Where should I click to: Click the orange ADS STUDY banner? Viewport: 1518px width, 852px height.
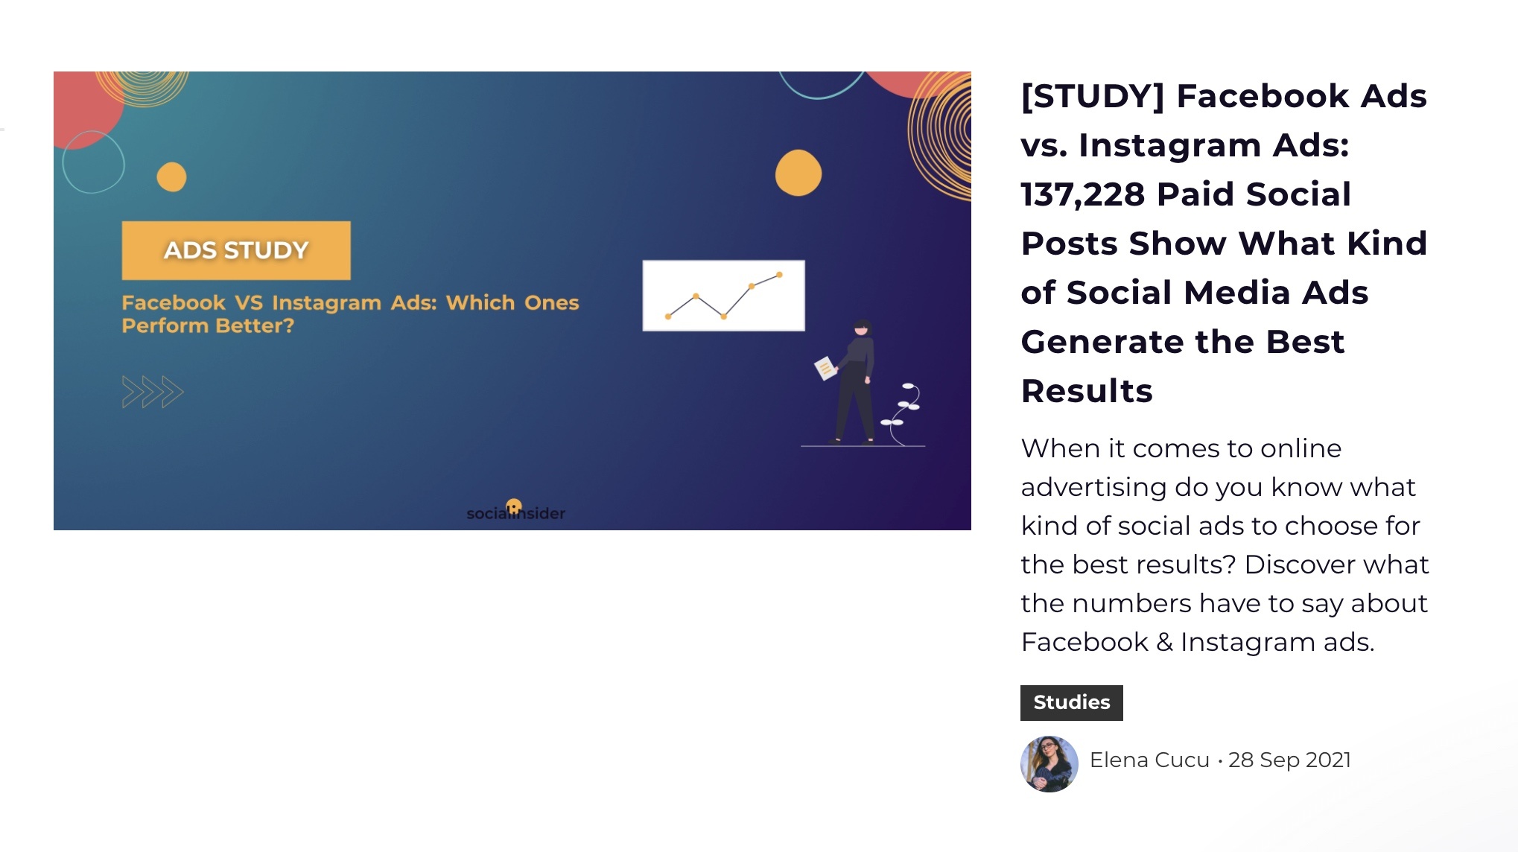click(x=236, y=250)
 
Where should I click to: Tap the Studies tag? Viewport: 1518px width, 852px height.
click(x=1071, y=702)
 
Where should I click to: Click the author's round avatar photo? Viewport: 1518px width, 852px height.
click(x=1049, y=763)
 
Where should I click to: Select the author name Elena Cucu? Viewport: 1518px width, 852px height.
click(x=1149, y=760)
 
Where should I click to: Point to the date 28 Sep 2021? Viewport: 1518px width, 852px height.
click(x=1289, y=760)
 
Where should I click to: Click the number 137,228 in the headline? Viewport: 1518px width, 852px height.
click(x=1082, y=194)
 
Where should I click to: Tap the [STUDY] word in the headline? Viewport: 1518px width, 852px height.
click(x=1093, y=97)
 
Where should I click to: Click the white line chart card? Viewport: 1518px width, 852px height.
click(x=723, y=295)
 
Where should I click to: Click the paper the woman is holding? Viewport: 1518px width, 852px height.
click(x=825, y=368)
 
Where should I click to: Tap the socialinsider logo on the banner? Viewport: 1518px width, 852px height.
click(x=515, y=511)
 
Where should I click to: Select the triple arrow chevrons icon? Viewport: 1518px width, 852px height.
click(x=153, y=392)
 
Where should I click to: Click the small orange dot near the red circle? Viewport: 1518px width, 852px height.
click(x=171, y=177)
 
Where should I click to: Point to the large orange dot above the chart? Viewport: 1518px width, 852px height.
click(x=798, y=173)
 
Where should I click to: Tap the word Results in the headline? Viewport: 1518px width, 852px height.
click(x=1087, y=392)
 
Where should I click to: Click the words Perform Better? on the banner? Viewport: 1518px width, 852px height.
click(x=208, y=326)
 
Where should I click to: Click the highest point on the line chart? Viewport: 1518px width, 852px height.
click(x=779, y=275)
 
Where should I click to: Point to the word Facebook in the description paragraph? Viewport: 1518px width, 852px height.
click(x=1084, y=642)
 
